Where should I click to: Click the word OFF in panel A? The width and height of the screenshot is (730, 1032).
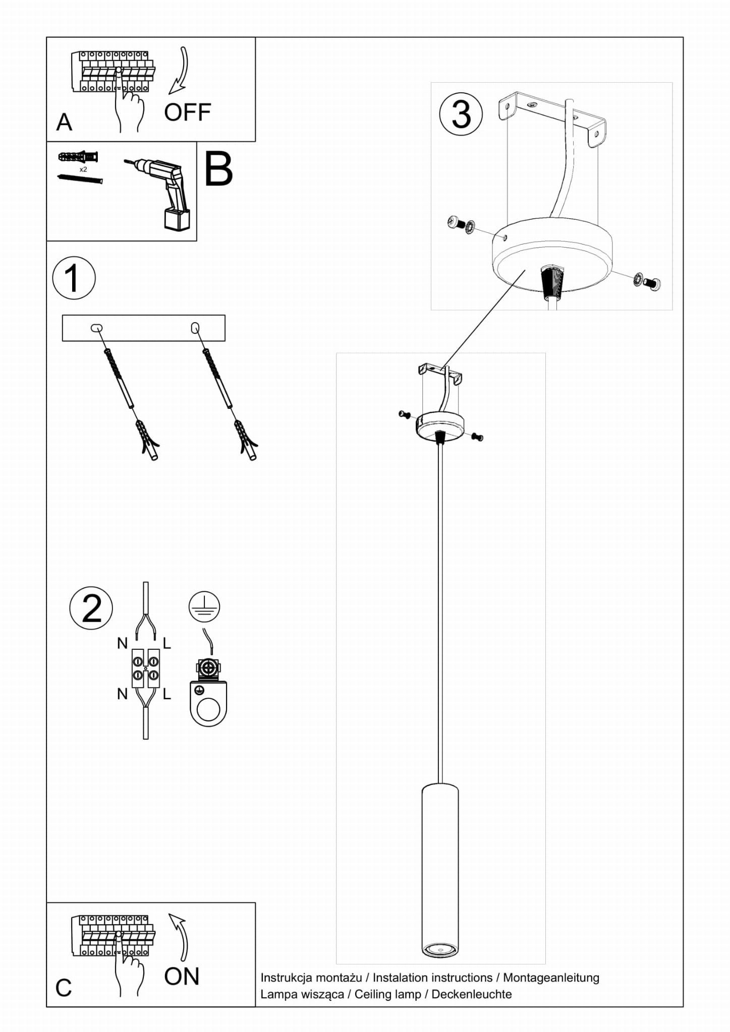(187, 112)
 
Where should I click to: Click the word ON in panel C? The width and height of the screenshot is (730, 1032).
(182, 977)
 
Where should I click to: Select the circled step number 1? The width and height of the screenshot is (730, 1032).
(74, 278)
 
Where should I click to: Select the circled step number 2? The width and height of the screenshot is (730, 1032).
(91, 608)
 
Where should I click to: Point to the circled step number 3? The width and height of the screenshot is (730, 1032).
(461, 114)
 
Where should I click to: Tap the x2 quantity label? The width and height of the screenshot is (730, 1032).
(83, 169)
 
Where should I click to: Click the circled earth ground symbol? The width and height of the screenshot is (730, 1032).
(204, 606)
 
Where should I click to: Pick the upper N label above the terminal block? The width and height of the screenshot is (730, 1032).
(122, 643)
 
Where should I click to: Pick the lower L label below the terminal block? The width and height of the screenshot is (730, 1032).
(167, 694)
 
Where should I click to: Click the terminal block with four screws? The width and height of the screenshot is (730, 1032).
(146, 668)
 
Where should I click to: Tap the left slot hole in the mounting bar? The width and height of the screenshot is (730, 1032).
(96, 328)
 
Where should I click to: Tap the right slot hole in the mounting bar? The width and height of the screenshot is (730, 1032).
(195, 328)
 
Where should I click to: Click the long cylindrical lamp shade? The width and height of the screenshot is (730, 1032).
(440, 870)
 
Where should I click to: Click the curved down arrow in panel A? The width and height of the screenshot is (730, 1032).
(180, 71)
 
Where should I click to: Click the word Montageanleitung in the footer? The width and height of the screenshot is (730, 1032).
(551, 978)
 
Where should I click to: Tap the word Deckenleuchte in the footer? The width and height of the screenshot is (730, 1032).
(471, 994)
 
